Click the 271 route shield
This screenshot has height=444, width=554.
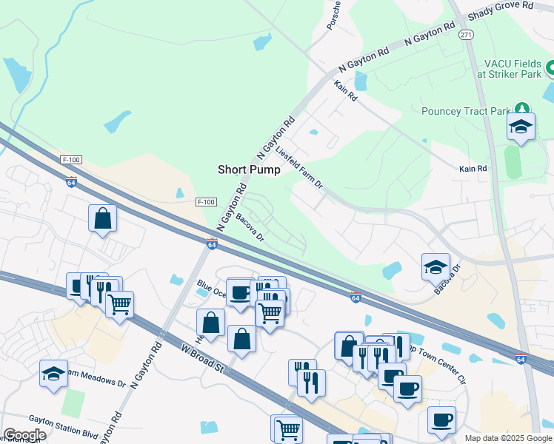[x=466, y=35]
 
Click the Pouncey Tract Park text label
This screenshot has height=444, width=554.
[x=464, y=112]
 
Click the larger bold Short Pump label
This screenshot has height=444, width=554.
[x=249, y=169]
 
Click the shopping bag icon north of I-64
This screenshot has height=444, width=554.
[x=102, y=218]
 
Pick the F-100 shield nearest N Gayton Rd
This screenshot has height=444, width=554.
[x=207, y=202]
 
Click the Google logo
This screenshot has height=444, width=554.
[x=24, y=435]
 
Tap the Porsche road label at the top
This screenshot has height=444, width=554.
[x=333, y=15]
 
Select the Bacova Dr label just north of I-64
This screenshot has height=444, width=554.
[x=250, y=226]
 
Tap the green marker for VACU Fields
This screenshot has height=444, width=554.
[x=550, y=68]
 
